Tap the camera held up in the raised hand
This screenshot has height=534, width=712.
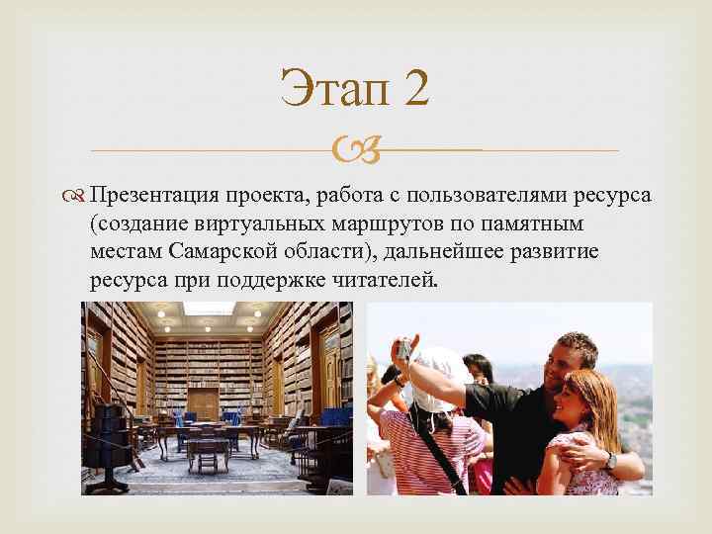pyautogui.click(x=404, y=349)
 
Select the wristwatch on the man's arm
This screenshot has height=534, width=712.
pyautogui.click(x=611, y=461)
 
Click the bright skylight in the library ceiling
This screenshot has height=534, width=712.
pyautogui.click(x=210, y=309)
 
